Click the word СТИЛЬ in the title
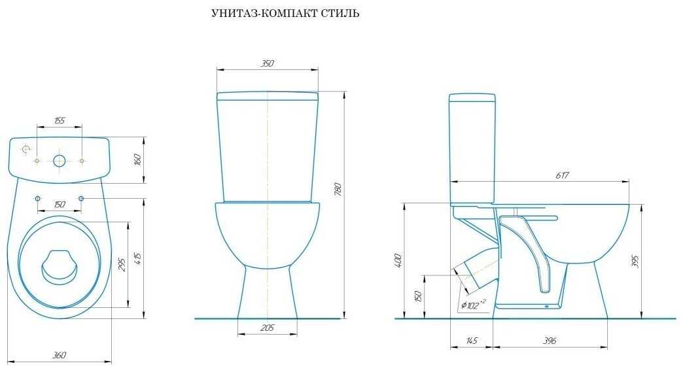[341, 14]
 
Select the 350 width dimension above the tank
[267, 63]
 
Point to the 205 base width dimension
[267, 328]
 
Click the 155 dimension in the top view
[60, 120]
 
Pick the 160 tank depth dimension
[137, 160]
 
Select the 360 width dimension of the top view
[60, 356]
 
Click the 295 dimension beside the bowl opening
[122, 265]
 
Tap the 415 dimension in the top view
[139, 259]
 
